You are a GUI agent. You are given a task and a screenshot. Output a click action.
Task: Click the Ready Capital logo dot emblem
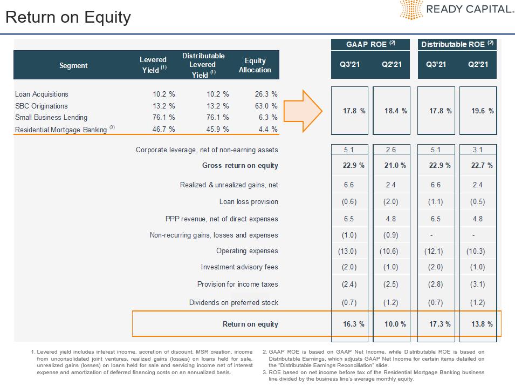411,9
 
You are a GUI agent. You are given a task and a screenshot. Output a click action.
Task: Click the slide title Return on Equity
68,17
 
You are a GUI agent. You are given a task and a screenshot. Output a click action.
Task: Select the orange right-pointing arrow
303,111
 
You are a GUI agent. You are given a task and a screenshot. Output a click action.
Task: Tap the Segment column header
73,65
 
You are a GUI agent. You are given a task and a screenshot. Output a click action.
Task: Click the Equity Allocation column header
255,65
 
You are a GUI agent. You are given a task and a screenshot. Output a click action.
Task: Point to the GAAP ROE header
370,44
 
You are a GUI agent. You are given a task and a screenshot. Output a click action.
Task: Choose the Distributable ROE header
457,44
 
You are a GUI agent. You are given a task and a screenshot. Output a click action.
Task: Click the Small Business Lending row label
51,117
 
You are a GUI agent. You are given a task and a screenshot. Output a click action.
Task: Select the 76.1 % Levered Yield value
163,117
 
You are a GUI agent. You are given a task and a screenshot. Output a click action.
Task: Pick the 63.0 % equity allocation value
266,106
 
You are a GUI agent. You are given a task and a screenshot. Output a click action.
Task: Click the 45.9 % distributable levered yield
217,129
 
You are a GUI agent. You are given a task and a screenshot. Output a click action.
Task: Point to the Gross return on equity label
240,165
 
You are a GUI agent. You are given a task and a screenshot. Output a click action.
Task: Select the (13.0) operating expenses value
347,251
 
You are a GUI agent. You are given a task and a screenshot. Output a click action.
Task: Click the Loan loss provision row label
249,201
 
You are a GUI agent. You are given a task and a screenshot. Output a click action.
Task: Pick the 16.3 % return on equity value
354,324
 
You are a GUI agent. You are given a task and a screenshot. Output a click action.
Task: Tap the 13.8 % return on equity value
482,324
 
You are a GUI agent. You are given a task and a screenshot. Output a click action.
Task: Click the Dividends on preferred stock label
234,302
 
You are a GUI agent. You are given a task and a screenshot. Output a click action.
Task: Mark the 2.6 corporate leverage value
391,150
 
